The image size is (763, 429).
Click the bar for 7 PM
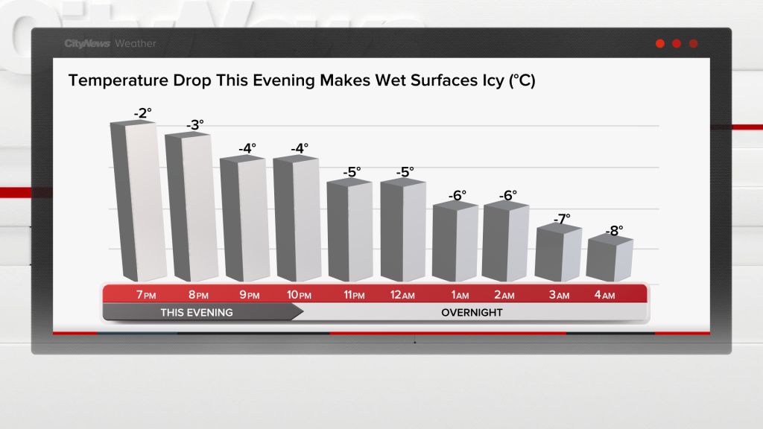[x=139, y=201]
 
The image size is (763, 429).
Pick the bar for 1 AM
[x=455, y=242]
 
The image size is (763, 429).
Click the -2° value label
[x=142, y=112]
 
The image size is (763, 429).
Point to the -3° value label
[x=194, y=125]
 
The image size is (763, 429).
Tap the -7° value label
[x=562, y=219]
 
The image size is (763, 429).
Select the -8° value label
[x=613, y=231]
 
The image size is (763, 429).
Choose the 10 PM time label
[x=299, y=295]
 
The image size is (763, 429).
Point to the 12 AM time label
[x=402, y=295]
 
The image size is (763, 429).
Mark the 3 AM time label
[x=559, y=295]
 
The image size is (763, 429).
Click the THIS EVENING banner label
[x=197, y=312]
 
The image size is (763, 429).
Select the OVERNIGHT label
[x=472, y=312]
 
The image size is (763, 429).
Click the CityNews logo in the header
[x=88, y=44]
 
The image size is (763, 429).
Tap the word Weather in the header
[x=136, y=44]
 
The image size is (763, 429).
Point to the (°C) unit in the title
[x=522, y=80]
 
